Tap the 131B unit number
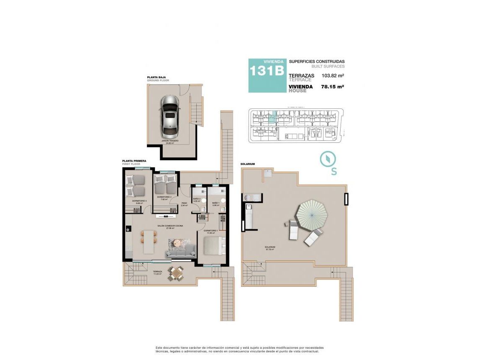[267, 71]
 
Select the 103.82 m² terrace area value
[333, 76]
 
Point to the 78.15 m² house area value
[332, 87]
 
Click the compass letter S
[334, 172]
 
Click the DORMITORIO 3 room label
[139, 201]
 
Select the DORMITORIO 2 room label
[164, 197]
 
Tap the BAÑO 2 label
[197, 199]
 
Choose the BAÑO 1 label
[216, 203]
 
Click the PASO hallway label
[184, 203]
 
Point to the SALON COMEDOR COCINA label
[170, 226]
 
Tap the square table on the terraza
[174, 273]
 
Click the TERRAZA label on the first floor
[157, 272]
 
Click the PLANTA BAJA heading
[157, 77]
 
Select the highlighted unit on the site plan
[272, 117]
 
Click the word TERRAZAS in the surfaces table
[302, 75]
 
